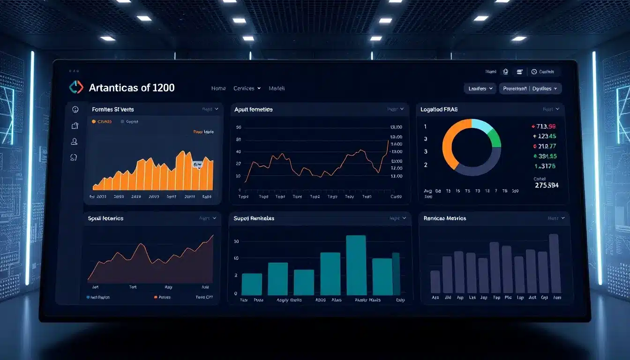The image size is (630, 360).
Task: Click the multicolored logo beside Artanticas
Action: pos(76,87)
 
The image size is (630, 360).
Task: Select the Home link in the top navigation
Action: pos(218,88)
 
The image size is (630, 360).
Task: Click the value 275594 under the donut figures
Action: pos(547,185)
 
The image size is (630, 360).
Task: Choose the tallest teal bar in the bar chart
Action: pos(356,265)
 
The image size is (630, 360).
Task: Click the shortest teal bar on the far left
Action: pos(252,284)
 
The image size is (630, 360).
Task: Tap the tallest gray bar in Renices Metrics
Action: pos(554,263)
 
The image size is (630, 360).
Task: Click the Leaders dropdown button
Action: pos(480,88)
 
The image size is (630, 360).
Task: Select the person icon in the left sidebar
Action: pos(75,142)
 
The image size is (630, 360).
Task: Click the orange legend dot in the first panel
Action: pos(94,121)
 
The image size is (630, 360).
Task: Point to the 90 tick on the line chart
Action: pos(239,127)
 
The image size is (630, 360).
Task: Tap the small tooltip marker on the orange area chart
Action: pos(197,165)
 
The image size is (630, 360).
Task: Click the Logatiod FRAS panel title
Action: pos(439,109)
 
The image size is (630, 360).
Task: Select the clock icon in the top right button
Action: pos(534,72)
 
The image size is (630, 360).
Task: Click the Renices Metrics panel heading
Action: pos(445,218)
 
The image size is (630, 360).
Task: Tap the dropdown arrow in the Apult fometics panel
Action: pos(402,109)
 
